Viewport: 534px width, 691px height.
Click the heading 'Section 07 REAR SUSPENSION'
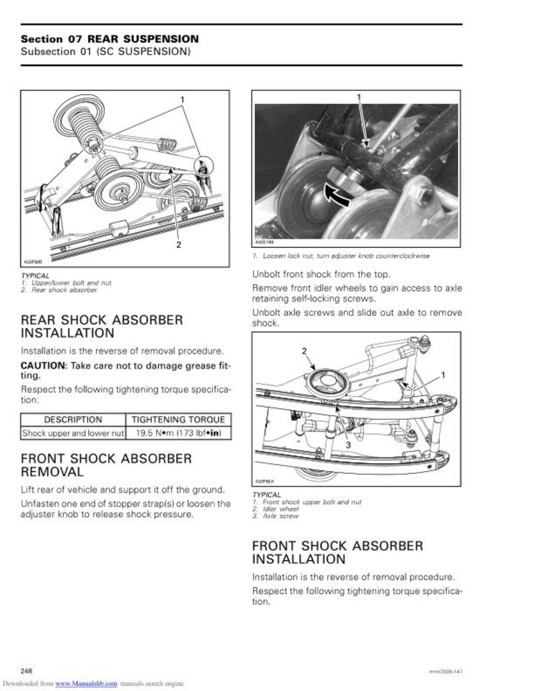[110, 39]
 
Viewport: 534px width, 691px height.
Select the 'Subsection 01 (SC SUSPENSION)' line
[105, 52]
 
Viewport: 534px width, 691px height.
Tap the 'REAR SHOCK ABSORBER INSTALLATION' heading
[102, 326]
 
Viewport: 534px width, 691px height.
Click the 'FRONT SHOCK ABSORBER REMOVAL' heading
[106, 465]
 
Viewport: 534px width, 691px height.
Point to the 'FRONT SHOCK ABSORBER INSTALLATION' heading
[338, 552]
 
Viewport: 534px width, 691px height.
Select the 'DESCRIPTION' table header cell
[73, 419]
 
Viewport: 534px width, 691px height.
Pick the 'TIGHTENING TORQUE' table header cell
[178, 419]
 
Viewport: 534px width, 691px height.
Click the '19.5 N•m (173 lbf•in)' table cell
[178, 434]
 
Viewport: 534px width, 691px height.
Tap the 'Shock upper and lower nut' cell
[73, 434]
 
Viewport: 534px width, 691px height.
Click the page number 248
[28, 671]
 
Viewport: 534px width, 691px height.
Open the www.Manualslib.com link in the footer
[86, 684]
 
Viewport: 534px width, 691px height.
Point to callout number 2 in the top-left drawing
[178, 245]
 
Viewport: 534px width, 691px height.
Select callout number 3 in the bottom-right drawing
[349, 445]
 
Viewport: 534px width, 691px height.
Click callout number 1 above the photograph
[358, 97]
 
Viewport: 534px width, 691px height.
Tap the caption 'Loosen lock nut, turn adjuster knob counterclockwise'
[344, 255]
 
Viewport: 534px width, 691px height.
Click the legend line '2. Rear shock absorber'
[64, 290]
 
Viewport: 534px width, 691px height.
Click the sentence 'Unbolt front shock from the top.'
[320, 274]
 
